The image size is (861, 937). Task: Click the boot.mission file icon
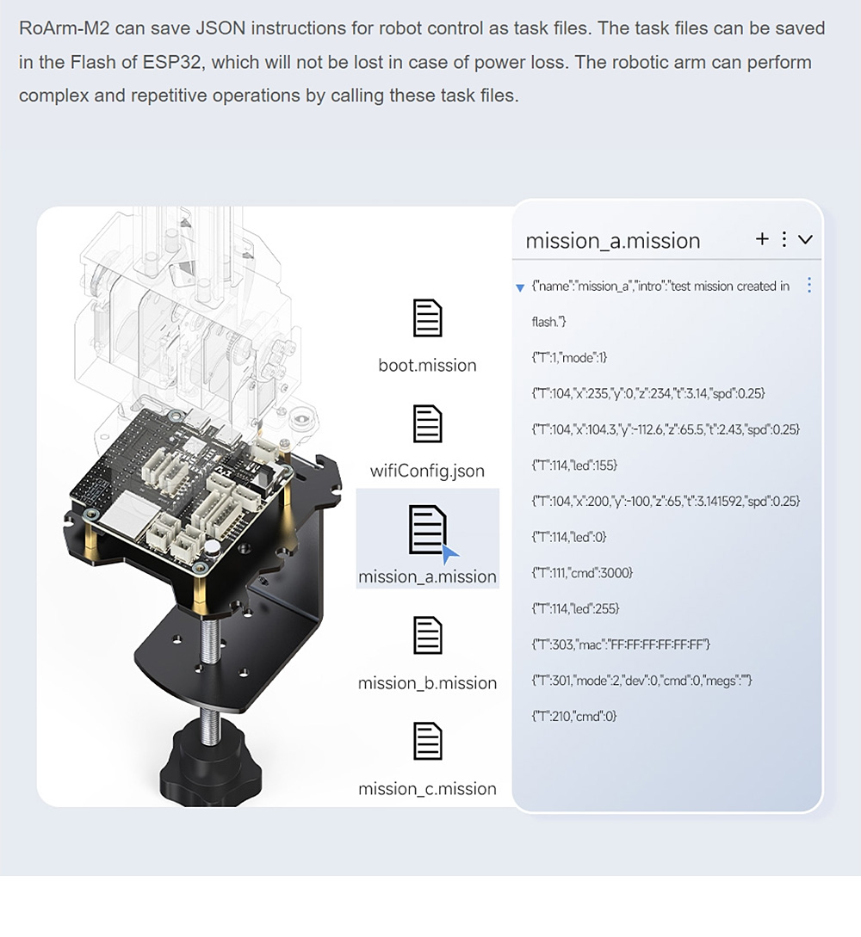tap(428, 317)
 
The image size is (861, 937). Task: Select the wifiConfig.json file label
tap(427, 471)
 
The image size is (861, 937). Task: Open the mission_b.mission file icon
tap(428, 635)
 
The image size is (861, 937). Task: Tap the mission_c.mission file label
tap(428, 789)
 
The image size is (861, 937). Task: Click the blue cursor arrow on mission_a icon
tap(449, 555)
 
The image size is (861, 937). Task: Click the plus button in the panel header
tap(762, 239)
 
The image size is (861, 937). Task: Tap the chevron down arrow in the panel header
tap(805, 240)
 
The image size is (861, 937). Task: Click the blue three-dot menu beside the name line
tap(809, 285)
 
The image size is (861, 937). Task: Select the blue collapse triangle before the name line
tap(519, 288)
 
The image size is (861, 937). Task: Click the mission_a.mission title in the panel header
tap(613, 241)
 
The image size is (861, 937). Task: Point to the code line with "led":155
tap(574, 465)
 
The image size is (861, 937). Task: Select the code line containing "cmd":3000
tap(582, 572)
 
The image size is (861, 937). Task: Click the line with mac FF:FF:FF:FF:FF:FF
tap(621, 644)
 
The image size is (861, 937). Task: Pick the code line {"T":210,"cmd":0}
tap(574, 716)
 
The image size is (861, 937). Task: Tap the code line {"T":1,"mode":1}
tap(569, 357)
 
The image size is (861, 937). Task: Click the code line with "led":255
tap(575, 608)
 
